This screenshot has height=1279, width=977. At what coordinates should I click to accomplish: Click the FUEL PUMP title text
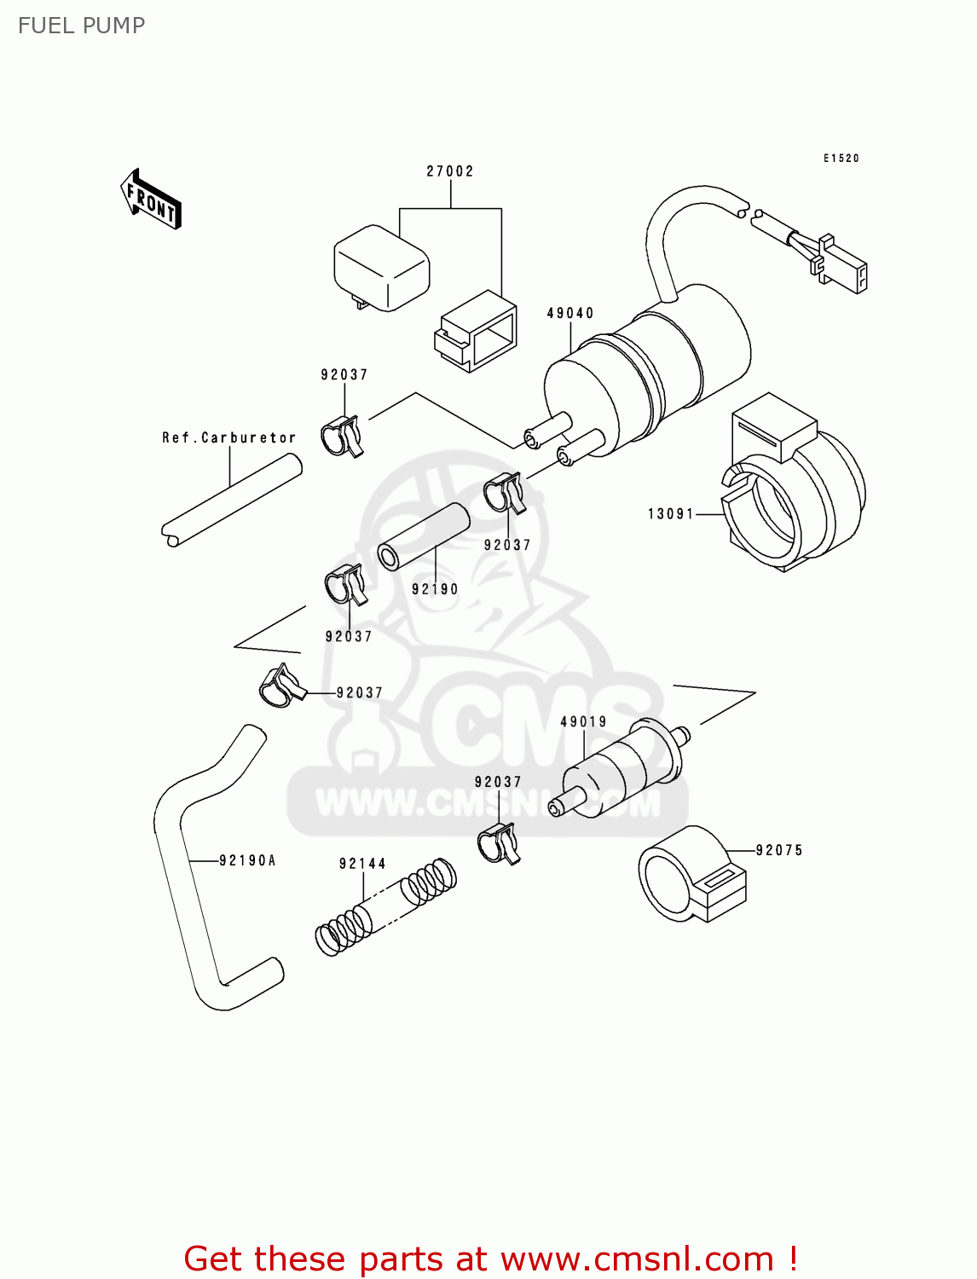pyautogui.click(x=81, y=26)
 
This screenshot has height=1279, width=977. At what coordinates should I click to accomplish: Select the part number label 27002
pyautogui.click(x=450, y=171)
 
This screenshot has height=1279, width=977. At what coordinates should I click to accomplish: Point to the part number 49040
pyautogui.click(x=570, y=313)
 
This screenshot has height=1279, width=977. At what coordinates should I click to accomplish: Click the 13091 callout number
pyautogui.click(x=671, y=513)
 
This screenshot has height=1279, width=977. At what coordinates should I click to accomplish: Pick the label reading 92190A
pyautogui.click(x=248, y=860)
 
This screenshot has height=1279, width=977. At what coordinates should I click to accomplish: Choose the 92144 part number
pyautogui.click(x=362, y=864)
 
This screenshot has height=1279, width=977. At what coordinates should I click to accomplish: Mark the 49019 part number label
pyautogui.click(x=584, y=721)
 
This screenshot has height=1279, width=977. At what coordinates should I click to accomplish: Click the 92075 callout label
pyautogui.click(x=779, y=850)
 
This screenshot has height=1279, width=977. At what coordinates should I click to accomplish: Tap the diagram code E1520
pyautogui.click(x=841, y=158)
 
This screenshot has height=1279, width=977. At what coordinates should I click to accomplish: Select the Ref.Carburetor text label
pyautogui.click(x=229, y=437)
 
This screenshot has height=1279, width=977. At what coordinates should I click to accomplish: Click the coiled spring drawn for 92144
pyautogui.click(x=385, y=906)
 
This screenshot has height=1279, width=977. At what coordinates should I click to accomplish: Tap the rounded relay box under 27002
pyautogui.click(x=381, y=266)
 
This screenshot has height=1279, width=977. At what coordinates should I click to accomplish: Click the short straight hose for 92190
pyautogui.click(x=424, y=536)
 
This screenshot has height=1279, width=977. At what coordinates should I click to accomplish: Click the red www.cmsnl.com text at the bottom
pyautogui.click(x=637, y=1259)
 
